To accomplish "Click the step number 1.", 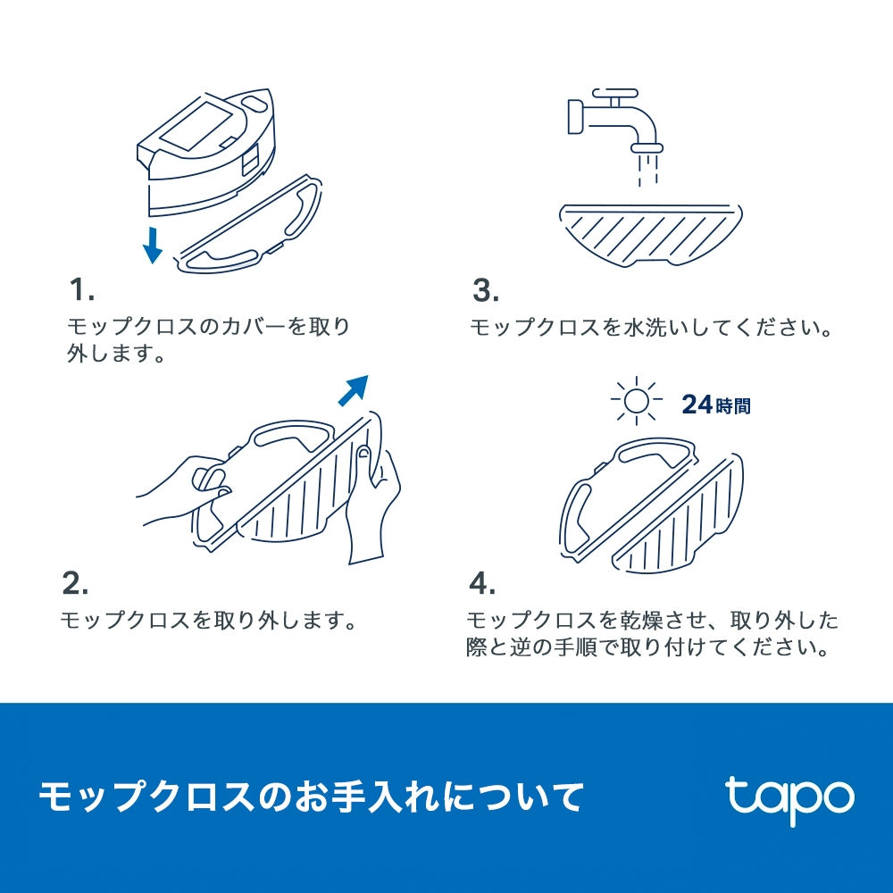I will (x=81, y=290).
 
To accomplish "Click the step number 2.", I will (x=75, y=583).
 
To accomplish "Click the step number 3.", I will (x=486, y=290).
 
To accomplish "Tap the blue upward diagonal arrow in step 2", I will (x=355, y=390).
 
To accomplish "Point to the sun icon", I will (x=635, y=402).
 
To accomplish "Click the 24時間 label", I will (x=715, y=405).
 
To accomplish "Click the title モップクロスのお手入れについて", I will (x=311, y=796).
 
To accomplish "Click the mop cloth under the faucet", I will (x=650, y=233).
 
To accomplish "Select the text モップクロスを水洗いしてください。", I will (x=651, y=327).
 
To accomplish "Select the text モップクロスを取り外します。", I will (x=208, y=619).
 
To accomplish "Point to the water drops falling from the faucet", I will (x=645, y=167).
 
